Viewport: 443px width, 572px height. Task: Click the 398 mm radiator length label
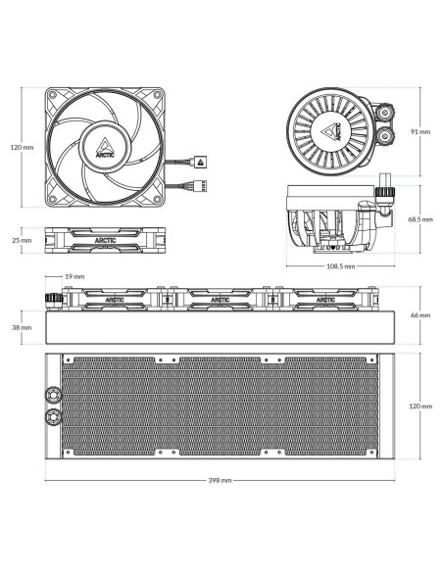point(221,481)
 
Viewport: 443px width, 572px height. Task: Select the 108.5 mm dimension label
point(341,265)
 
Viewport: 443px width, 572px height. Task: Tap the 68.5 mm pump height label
point(420,220)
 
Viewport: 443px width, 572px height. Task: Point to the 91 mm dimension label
point(420,130)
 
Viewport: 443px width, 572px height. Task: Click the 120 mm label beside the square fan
point(22,148)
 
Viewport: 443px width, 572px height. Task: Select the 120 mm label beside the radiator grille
point(420,406)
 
